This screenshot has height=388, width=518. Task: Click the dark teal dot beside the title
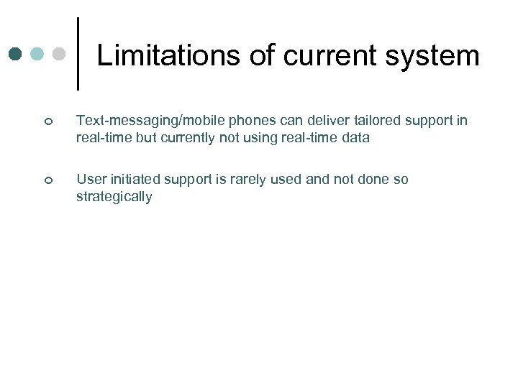tap(17, 54)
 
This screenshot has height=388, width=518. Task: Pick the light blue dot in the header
tap(38, 54)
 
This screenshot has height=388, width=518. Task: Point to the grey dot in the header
tap(60, 54)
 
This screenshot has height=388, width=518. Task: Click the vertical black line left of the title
tap(78, 53)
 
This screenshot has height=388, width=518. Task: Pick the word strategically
tap(114, 198)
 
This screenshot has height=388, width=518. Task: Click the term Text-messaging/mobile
tap(144, 120)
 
